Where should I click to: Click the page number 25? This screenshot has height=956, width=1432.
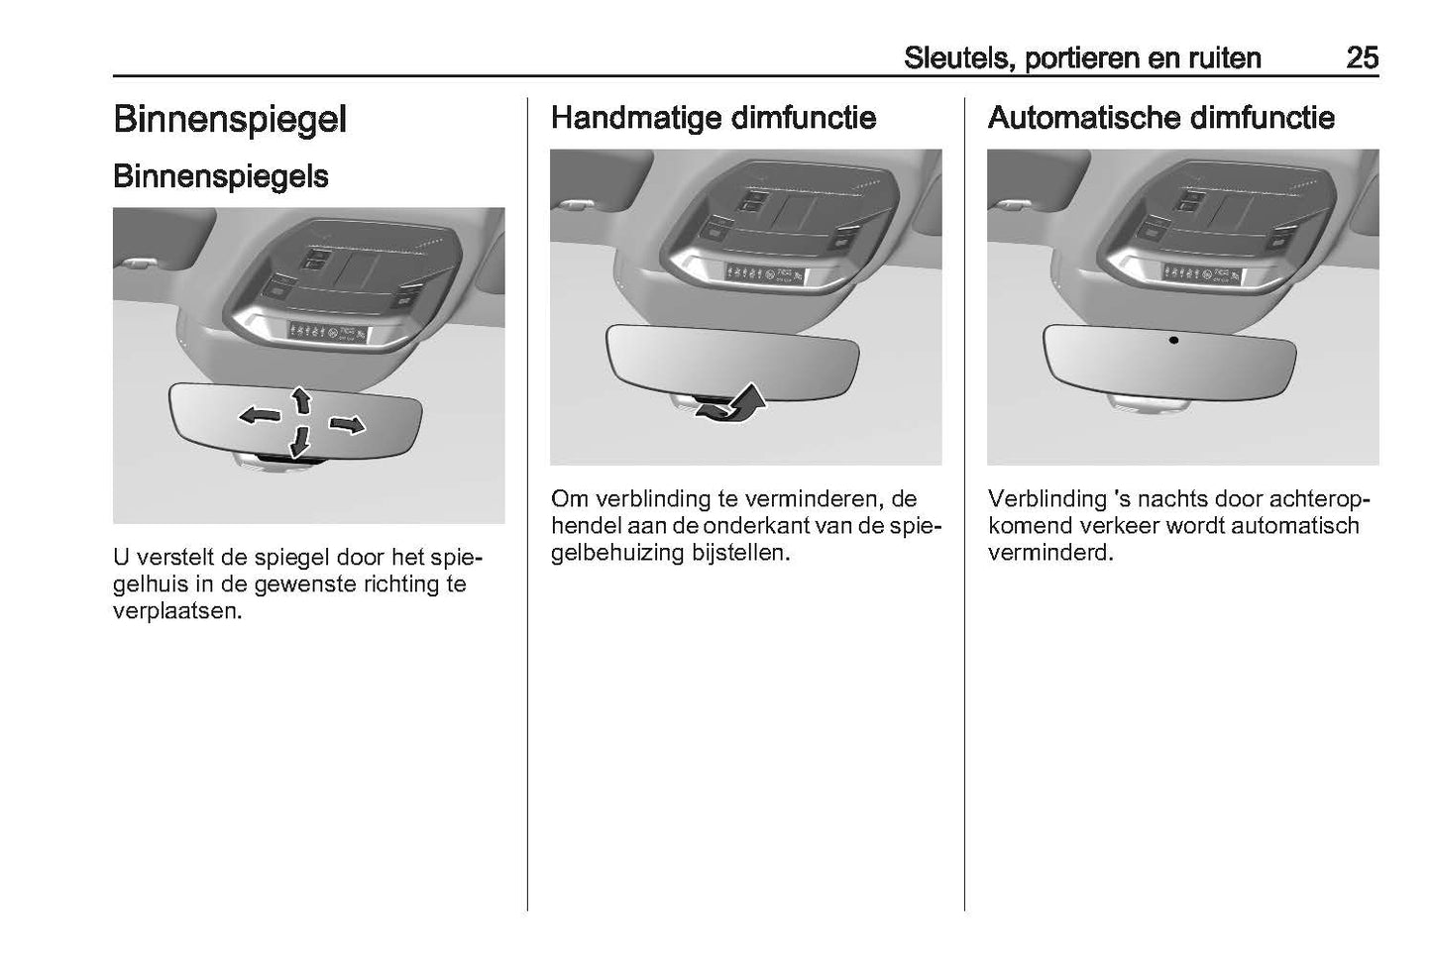point(1362,58)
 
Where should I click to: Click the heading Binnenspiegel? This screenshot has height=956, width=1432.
point(230,120)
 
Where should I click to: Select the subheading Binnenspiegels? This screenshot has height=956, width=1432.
point(221,176)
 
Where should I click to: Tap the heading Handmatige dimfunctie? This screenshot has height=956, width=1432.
point(714,118)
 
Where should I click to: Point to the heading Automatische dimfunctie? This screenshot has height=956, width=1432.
point(1160,118)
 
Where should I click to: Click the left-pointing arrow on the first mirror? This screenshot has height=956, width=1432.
point(260,416)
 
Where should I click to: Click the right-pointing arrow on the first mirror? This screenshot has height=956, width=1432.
point(346,425)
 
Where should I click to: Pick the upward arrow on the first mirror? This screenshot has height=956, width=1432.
point(301,400)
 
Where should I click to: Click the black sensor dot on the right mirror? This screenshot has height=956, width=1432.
point(1173,340)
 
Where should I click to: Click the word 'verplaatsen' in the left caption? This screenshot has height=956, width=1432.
point(176,611)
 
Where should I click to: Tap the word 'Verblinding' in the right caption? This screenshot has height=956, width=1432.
point(1046,499)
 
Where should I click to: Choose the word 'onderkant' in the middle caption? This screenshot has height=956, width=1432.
point(756,526)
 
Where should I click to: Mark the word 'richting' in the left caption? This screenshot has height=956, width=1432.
point(406,584)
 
